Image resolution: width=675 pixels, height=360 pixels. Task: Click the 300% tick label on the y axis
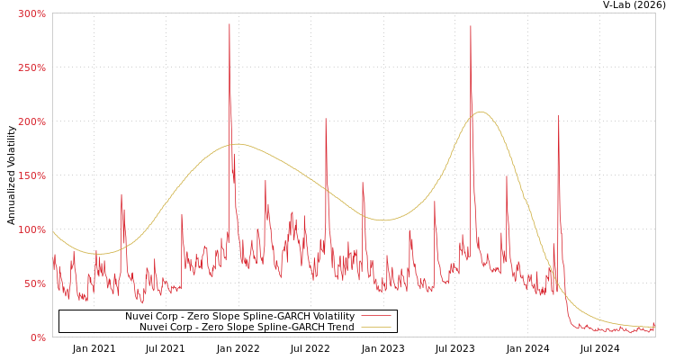click(31, 13)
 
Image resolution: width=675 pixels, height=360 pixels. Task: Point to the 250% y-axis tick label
click(31, 67)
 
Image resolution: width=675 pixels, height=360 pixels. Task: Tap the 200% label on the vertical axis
click(31, 121)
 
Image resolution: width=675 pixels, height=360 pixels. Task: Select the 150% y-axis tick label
click(31, 175)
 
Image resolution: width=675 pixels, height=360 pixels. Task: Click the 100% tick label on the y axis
click(31, 229)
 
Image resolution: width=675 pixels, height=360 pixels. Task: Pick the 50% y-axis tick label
click(34, 283)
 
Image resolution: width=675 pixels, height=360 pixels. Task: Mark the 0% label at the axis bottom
click(38, 337)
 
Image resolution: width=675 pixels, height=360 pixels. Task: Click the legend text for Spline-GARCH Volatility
click(239, 317)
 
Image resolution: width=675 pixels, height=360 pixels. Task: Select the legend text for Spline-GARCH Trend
click(247, 328)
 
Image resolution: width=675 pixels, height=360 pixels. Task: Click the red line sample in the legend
click(375, 317)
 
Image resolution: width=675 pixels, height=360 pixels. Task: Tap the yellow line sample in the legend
click(375, 328)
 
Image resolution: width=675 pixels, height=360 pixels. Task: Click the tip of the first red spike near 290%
click(229, 24)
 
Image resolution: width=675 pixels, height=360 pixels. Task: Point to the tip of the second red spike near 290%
click(470, 25)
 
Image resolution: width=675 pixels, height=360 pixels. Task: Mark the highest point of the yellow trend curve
click(481, 112)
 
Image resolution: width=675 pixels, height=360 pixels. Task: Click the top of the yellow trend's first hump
click(236, 144)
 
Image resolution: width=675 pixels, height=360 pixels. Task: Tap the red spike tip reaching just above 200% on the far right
click(558, 115)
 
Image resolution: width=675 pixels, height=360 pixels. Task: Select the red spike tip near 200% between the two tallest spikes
click(326, 119)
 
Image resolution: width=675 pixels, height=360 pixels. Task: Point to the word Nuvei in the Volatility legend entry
click(139, 317)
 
